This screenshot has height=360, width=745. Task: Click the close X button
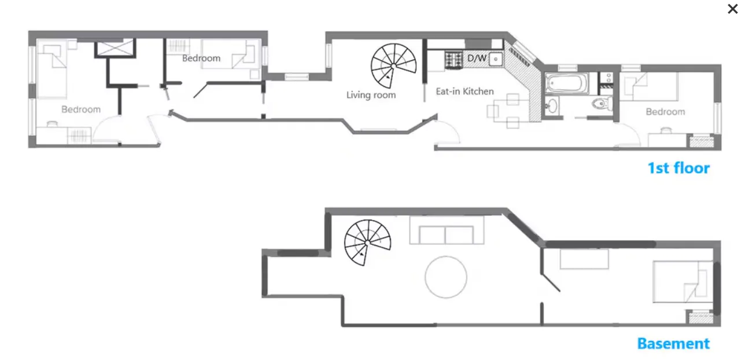click(732, 9)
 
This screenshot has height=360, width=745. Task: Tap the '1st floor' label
click(678, 168)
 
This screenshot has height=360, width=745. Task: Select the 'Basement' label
click(673, 343)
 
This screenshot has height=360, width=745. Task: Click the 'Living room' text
click(371, 94)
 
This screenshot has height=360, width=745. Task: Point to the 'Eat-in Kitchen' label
click(464, 91)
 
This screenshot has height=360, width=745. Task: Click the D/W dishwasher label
click(477, 58)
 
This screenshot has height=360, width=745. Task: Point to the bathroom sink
click(552, 106)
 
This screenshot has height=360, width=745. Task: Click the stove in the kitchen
click(453, 58)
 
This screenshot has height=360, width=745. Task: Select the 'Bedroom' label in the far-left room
click(81, 109)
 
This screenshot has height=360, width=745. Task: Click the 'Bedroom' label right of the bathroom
click(665, 112)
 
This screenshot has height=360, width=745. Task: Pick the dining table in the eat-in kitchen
click(507, 110)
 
